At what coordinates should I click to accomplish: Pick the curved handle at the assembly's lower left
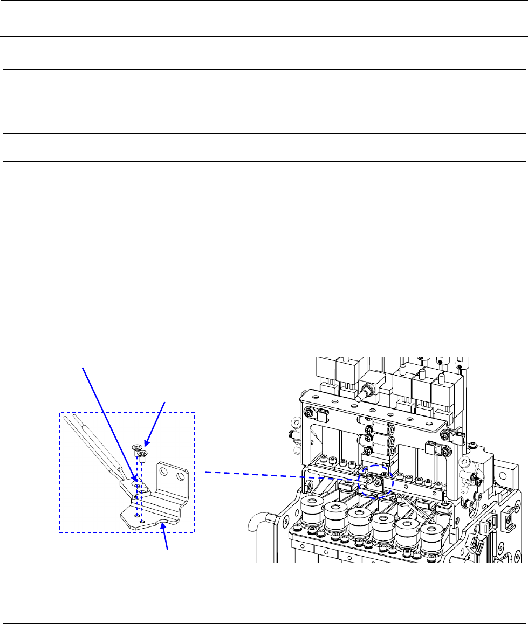[257, 539]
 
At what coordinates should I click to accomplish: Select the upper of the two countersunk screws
[136, 447]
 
